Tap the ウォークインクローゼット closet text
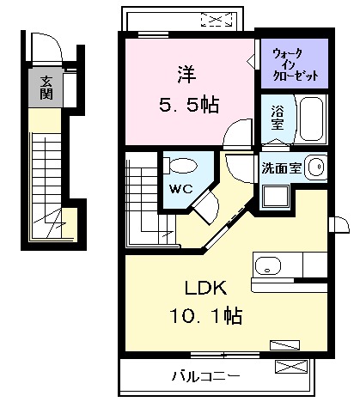[295, 64]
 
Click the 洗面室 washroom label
[281, 167]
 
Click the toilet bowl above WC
[181, 164]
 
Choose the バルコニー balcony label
[204, 375]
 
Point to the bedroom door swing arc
[233, 137]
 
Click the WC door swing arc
[204, 205]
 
